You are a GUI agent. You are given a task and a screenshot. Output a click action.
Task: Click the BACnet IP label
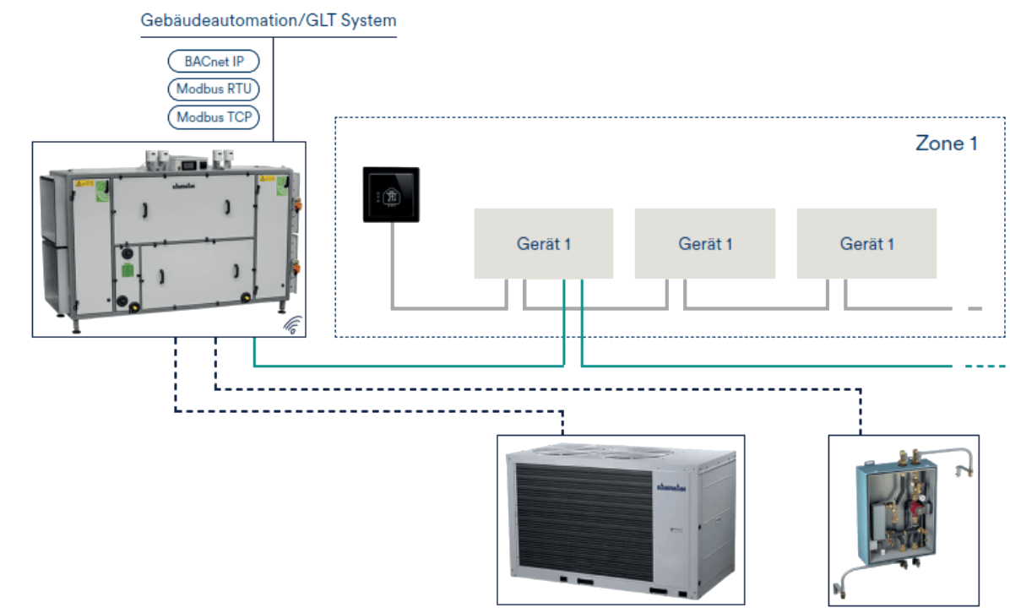pyautogui.click(x=214, y=62)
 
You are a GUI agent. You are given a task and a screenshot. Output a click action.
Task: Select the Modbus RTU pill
pyautogui.click(x=214, y=90)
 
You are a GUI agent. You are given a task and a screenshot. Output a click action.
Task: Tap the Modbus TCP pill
pyautogui.click(x=214, y=117)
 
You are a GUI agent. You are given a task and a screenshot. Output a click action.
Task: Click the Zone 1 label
pyautogui.click(x=946, y=144)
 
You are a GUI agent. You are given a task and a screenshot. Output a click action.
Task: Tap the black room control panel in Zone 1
pyautogui.click(x=392, y=195)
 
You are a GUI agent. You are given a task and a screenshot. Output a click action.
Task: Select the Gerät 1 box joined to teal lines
pyautogui.click(x=544, y=243)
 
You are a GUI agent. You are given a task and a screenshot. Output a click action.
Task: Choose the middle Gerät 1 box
pyautogui.click(x=705, y=243)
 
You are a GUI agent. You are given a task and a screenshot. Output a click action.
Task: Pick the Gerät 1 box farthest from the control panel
pyautogui.click(x=866, y=243)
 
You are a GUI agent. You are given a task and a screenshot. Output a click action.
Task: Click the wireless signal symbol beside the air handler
pyautogui.click(x=292, y=325)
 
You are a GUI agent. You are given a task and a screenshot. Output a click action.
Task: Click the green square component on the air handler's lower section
pyautogui.click(x=127, y=270)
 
